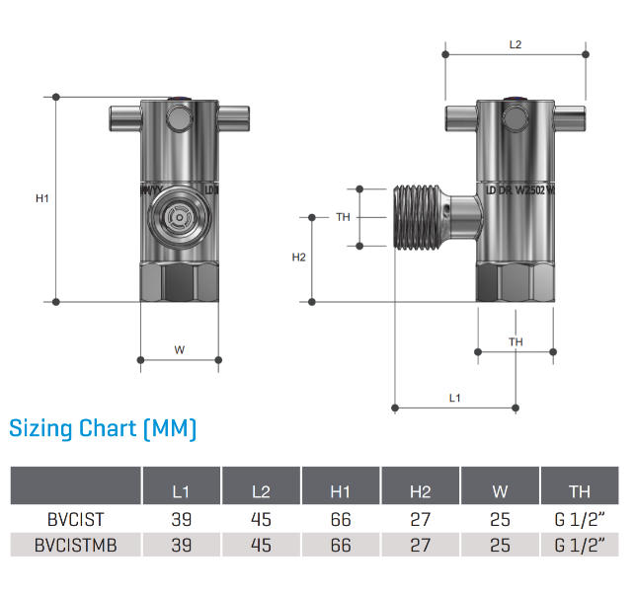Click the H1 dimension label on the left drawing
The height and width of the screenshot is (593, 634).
click(42, 198)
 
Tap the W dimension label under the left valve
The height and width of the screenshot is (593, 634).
click(179, 349)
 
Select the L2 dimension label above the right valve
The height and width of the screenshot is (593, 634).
click(515, 44)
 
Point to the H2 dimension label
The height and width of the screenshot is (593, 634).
click(299, 258)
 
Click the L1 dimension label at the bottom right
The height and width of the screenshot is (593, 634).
click(455, 398)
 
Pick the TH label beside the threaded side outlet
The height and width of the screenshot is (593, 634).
click(343, 217)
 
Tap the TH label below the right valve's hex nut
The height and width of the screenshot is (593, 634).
click(515, 341)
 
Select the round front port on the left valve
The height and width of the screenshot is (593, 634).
click(179, 214)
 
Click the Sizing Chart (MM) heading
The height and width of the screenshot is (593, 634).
click(104, 429)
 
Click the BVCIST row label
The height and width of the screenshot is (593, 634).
click(75, 519)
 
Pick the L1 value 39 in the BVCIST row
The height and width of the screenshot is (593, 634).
click(181, 519)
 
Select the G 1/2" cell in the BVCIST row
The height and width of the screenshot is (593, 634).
click(580, 519)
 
